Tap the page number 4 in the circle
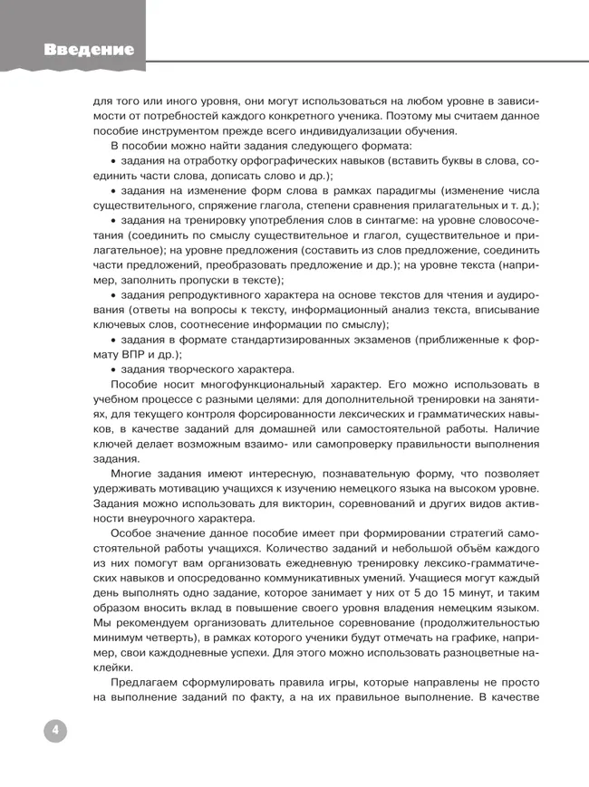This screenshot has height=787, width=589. pyautogui.click(x=54, y=731)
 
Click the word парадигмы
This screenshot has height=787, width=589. pyautogui.click(x=420, y=190)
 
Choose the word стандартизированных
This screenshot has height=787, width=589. pyautogui.click(x=298, y=340)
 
